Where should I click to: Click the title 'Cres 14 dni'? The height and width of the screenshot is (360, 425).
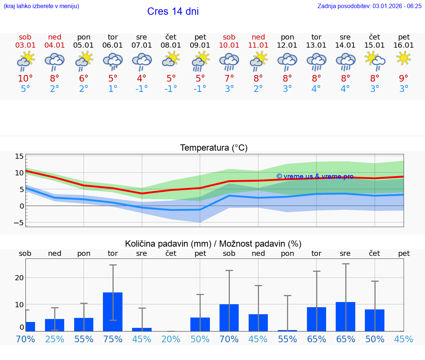click(x=173, y=11)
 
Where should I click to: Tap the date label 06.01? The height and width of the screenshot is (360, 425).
click(x=113, y=45)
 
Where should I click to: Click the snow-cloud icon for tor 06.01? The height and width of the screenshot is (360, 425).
click(x=113, y=61)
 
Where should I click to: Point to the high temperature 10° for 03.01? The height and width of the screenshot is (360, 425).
click(x=25, y=79)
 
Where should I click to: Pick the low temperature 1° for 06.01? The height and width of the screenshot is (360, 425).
click(x=113, y=89)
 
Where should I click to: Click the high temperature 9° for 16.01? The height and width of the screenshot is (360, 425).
click(x=404, y=79)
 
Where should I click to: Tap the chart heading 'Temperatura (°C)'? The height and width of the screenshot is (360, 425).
click(x=214, y=148)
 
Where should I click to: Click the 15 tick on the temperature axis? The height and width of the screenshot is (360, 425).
click(x=19, y=156)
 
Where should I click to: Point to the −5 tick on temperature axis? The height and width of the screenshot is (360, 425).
click(x=18, y=223)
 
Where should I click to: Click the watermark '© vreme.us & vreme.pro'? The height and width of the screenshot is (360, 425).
click(x=315, y=176)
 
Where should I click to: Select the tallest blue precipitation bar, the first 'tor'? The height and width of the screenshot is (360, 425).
click(x=113, y=312)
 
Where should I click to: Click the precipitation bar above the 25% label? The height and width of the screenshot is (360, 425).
click(x=55, y=325)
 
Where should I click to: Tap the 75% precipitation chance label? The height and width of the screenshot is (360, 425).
click(x=113, y=339)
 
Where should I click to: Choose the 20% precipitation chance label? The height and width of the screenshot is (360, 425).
click(x=171, y=339)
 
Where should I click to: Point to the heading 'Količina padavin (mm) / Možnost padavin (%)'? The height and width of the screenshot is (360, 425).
click(x=213, y=244)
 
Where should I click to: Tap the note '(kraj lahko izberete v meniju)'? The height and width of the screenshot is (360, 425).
click(x=41, y=6)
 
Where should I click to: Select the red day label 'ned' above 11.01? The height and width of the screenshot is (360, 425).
click(x=258, y=37)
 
